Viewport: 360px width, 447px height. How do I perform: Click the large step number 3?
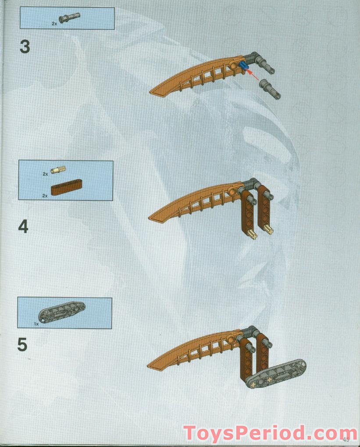pos(25,47)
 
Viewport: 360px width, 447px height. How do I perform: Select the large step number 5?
pos(22,345)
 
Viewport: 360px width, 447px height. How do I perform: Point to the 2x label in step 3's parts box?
pos(54,24)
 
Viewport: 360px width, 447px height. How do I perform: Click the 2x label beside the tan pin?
pos(45,174)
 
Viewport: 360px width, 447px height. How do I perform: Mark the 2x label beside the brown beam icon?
pos(45,196)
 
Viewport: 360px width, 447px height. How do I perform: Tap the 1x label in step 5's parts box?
pos(36,323)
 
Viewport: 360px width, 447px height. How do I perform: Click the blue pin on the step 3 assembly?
pos(243,67)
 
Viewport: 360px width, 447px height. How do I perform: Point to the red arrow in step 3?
pos(253,74)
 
